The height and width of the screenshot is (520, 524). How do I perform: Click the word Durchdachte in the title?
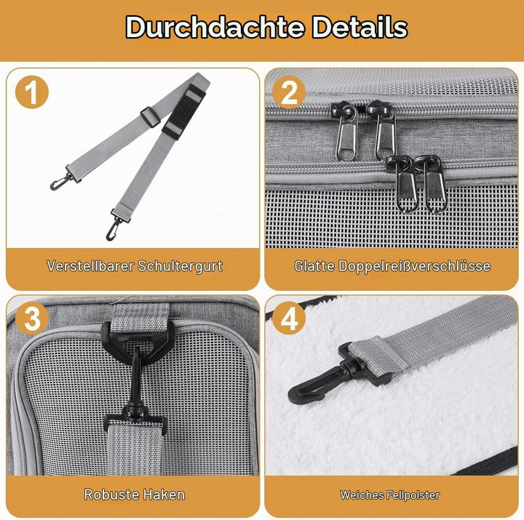point(215,27)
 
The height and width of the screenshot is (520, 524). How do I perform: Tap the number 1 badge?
point(32,92)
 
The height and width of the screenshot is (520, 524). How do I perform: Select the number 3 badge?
point(32,319)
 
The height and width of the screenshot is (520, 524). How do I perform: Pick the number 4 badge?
point(289,319)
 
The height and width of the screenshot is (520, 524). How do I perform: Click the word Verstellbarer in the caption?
point(90,266)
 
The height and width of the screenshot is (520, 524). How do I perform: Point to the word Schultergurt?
point(180,266)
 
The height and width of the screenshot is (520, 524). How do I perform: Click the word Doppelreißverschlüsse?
point(414,266)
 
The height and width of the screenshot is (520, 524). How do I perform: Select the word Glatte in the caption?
point(314,266)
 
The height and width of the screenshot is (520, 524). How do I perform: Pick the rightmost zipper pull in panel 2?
point(434,184)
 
